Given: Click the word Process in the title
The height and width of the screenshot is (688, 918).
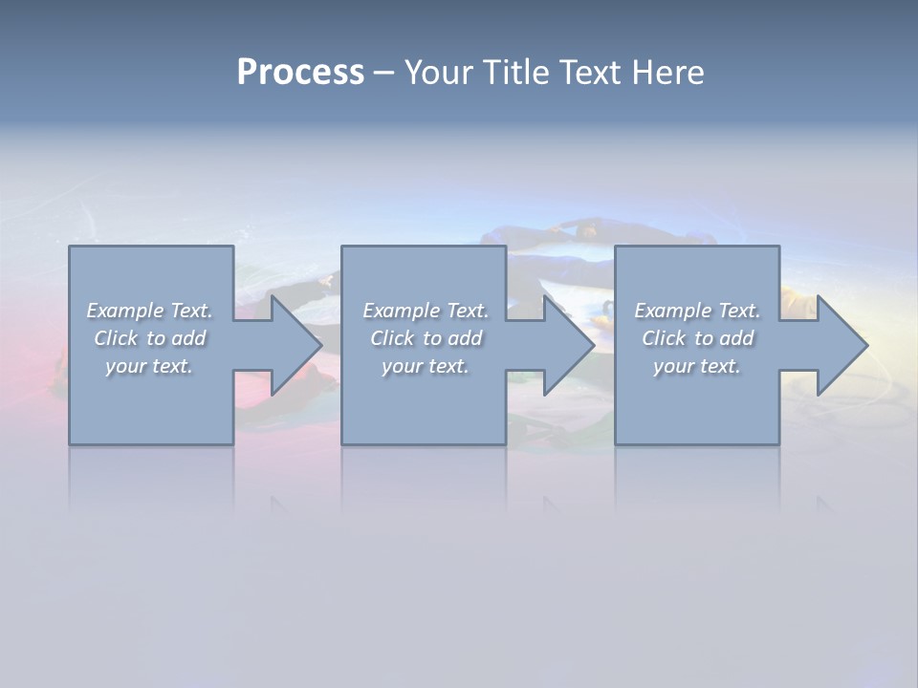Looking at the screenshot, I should coord(300,73).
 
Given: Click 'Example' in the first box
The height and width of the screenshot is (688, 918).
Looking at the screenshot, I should coord(124,311).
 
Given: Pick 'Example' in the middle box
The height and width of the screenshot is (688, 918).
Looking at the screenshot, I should coord(401,311).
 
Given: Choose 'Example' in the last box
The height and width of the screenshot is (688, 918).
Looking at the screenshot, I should coord(672,311).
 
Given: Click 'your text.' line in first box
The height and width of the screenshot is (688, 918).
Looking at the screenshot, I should coord(149,366).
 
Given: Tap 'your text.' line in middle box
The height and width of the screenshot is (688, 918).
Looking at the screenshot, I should coord(426,366).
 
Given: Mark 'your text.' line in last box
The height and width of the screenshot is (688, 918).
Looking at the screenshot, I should coord(697,366).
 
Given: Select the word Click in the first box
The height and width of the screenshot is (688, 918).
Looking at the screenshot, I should coord(116,338).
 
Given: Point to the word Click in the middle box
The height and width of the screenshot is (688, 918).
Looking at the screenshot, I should coord(392,338).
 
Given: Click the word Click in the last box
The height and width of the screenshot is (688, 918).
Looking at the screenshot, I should coord(664,338).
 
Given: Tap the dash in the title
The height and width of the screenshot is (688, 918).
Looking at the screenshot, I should coord(383,73).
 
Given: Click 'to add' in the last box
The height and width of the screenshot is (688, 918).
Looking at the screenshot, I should coord(724,338).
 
